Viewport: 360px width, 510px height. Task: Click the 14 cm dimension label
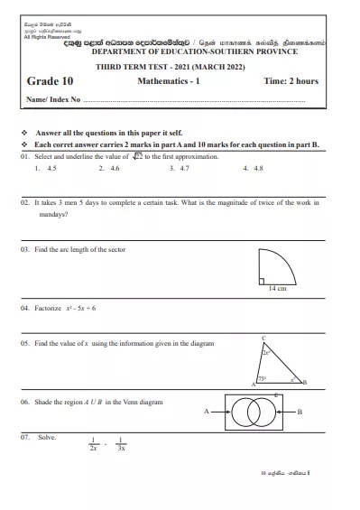(x=277, y=288)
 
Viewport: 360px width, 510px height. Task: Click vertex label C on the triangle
(x=263, y=338)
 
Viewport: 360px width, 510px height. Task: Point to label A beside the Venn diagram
(x=206, y=412)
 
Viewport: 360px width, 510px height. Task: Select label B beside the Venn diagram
(x=299, y=412)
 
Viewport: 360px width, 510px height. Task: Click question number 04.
(x=25, y=308)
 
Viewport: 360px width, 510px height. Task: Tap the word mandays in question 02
(x=52, y=216)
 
